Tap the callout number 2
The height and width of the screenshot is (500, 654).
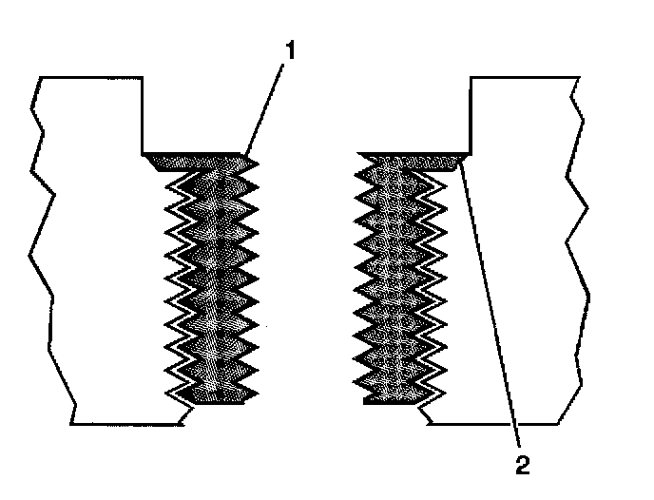(x=522, y=465)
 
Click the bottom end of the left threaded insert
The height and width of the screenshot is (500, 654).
(x=219, y=397)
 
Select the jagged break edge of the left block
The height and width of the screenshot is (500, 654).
(x=43, y=238)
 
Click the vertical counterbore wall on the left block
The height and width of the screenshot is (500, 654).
(x=143, y=114)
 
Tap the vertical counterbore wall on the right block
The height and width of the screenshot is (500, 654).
(x=471, y=114)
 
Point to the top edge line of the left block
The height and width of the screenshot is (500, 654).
(x=90, y=77)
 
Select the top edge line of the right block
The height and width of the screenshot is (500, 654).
(x=523, y=77)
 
